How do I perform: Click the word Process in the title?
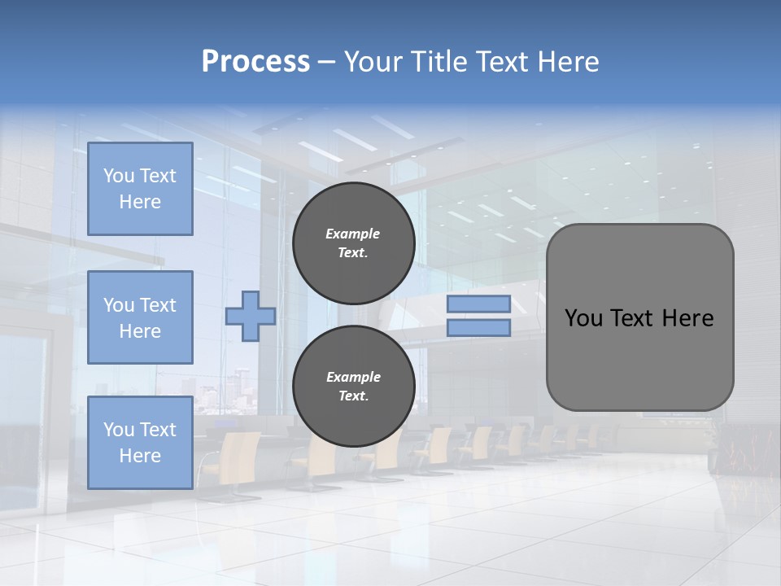click(255, 62)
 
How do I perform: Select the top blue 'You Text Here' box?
click(140, 189)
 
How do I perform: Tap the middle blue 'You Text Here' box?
click(140, 317)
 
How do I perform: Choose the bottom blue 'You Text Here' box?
click(140, 442)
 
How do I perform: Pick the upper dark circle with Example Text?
click(353, 243)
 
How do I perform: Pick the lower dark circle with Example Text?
click(353, 386)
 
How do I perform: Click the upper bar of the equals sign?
click(478, 304)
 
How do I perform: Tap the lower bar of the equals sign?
click(478, 327)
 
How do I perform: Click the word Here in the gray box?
click(687, 318)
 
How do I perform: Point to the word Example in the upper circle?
click(353, 234)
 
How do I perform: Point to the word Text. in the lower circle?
click(353, 396)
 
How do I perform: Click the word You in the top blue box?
click(119, 176)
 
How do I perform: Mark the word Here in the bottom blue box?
click(140, 456)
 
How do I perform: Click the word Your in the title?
click(374, 62)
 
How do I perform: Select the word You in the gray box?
click(582, 318)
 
